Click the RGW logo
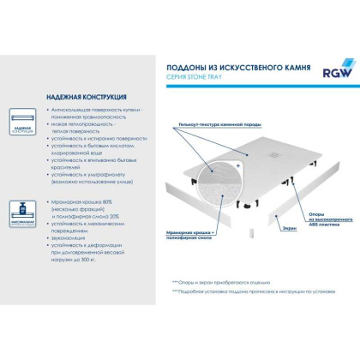[327, 67]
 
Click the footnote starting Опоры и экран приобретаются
[234, 281]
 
